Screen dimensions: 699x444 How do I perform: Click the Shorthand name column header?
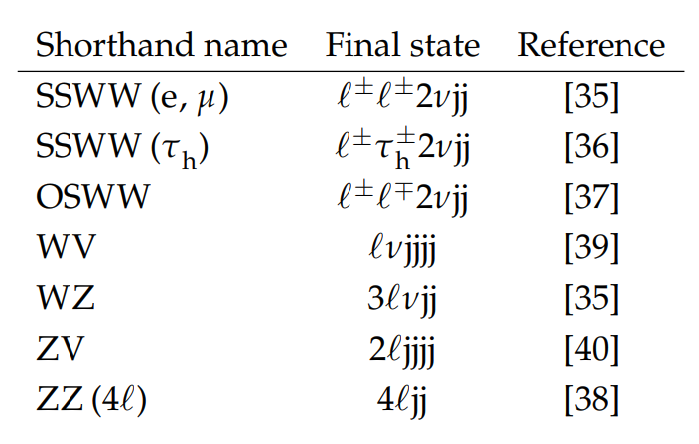click(162, 45)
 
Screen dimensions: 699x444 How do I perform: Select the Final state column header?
click(402, 45)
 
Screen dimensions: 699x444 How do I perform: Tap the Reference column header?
click(591, 45)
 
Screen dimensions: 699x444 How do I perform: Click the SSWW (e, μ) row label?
click(132, 97)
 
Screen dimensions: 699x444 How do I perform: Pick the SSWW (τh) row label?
click(122, 148)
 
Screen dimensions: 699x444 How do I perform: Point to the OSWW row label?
click(92, 196)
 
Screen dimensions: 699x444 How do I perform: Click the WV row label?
click(67, 246)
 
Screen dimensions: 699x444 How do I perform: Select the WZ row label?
click(66, 297)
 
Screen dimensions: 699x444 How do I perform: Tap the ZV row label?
click(61, 348)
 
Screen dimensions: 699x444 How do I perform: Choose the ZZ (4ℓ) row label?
click(91, 399)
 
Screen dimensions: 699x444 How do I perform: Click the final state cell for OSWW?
click(402, 198)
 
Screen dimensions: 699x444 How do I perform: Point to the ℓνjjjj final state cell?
click(402, 249)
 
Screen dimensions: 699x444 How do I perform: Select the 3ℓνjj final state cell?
click(402, 300)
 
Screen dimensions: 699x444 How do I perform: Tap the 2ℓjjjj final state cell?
click(402, 351)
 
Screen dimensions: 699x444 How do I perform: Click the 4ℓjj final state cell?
click(402, 401)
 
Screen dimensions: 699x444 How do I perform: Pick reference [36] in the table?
click(591, 147)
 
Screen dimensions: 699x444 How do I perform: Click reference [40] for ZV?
click(591, 349)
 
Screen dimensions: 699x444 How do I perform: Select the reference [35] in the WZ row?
click(591, 299)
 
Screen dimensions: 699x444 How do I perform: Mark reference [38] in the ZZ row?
click(591, 400)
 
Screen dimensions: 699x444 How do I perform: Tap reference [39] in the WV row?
click(591, 248)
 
